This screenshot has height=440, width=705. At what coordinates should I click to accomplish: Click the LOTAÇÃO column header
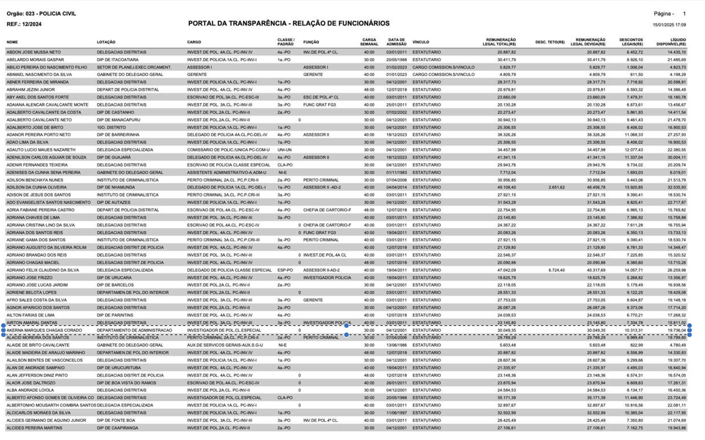[x=106, y=42]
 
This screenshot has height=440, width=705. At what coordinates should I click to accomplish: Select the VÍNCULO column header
[x=420, y=42]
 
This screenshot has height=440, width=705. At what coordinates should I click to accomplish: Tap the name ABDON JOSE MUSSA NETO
[x=34, y=52]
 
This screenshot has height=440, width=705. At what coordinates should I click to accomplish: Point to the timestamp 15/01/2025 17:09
[x=669, y=25]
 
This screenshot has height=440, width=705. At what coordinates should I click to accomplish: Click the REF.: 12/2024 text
[x=24, y=24]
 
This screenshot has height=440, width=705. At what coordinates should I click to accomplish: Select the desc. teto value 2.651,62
[x=556, y=187]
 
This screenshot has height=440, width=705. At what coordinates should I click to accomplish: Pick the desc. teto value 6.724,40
[x=556, y=270]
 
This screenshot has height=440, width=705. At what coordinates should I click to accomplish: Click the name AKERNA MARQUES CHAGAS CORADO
[x=44, y=330]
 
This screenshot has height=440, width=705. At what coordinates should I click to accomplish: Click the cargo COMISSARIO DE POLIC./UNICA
[x=228, y=149]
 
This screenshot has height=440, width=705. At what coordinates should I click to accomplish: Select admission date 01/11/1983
[x=396, y=172]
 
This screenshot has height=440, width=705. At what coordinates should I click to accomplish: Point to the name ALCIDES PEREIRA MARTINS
[x=34, y=428]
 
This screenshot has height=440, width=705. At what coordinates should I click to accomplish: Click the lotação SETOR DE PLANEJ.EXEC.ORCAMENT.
[x=134, y=67]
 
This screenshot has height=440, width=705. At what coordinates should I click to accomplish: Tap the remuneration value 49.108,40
[x=506, y=187]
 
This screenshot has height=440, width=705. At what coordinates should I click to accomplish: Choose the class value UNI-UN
[x=284, y=149]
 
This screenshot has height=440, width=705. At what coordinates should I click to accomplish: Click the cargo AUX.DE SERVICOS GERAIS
[x=225, y=345]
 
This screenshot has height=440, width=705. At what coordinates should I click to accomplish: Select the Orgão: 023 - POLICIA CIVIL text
[x=41, y=13]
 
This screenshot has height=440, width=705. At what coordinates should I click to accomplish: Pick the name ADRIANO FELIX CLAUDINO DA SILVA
[x=42, y=270]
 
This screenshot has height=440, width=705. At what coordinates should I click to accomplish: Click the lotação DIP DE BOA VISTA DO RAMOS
[x=126, y=383]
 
